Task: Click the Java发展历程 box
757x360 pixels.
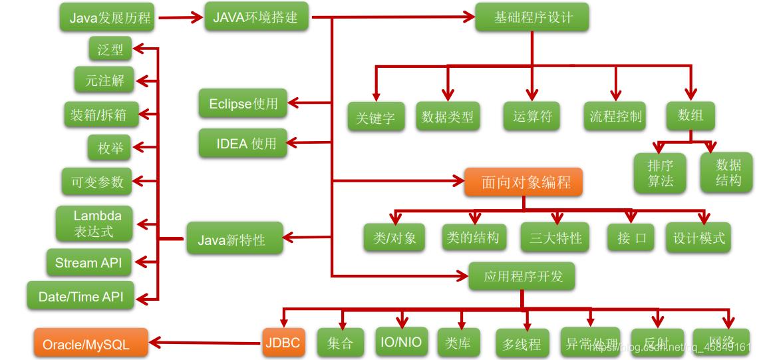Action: [x=106, y=18]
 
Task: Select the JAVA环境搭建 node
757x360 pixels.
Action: [x=256, y=17]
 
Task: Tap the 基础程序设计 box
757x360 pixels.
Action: [x=531, y=17]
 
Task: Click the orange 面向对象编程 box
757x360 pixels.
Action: [x=523, y=182]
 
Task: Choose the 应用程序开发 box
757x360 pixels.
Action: [x=522, y=275]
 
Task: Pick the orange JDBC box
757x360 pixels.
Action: [x=283, y=343]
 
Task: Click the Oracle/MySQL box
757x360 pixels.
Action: [x=90, y=344]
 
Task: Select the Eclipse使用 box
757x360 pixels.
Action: [x=243, y=104]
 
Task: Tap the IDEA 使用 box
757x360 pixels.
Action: [x=243, y=143]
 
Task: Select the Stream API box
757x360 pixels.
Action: [x=88, y=262]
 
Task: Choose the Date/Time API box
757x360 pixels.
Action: [x=80, y=297]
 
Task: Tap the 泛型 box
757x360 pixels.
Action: [x=110, y=49]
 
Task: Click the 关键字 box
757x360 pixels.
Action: [x=375, y=117]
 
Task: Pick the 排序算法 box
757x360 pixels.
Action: [x=660, y=173]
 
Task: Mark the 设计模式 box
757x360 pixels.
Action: [x=698, y=238]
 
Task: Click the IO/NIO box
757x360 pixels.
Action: [x=400, y=342]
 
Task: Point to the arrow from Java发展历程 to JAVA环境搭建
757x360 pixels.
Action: [x=180, y=19]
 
